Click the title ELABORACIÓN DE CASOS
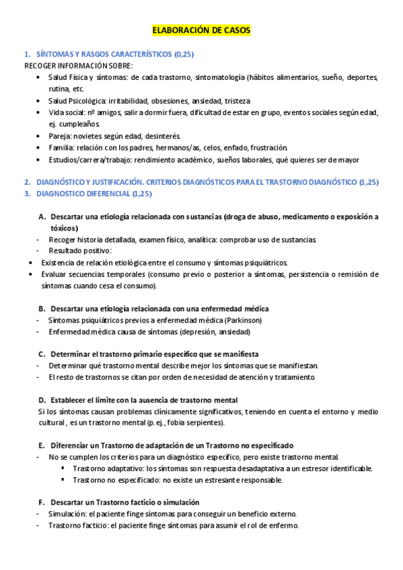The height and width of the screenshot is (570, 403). [x=201, y=31]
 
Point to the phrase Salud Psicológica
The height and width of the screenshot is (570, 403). [x=77, y=100]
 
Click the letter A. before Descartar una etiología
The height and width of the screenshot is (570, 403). [x=42, y=216]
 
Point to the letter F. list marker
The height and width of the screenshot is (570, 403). [x=42, y=502]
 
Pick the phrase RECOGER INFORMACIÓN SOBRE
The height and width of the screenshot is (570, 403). [x=78, y=65]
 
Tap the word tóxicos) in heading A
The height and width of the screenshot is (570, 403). [x=64, y=228]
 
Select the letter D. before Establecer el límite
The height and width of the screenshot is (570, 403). [x=42, y=399]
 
